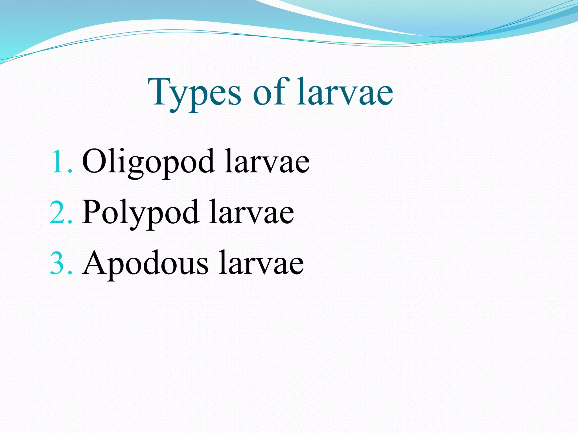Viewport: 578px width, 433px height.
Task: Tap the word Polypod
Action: pos(140,212)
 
